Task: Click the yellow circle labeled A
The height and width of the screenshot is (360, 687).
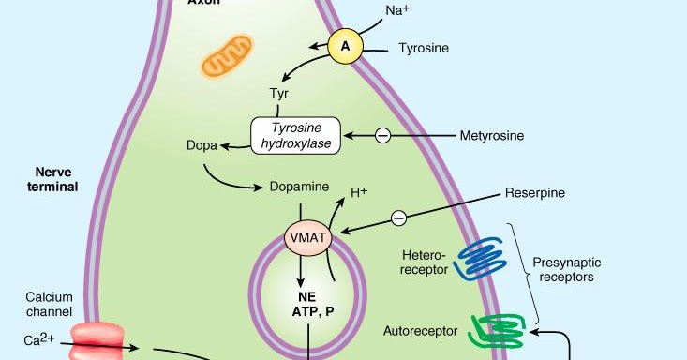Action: click(345, 46)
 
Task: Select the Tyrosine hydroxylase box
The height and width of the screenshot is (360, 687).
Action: click(294, 135)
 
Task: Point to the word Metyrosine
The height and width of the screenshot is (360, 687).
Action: click(491, 136)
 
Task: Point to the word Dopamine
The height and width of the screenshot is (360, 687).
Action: click(297, 187)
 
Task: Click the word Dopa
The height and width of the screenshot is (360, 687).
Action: click(201, 145)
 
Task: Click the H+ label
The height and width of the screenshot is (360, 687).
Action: click(359, 193)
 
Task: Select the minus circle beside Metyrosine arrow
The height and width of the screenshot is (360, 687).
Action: click(382, 136)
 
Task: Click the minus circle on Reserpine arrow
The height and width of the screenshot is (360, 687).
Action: click(398, 217)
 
